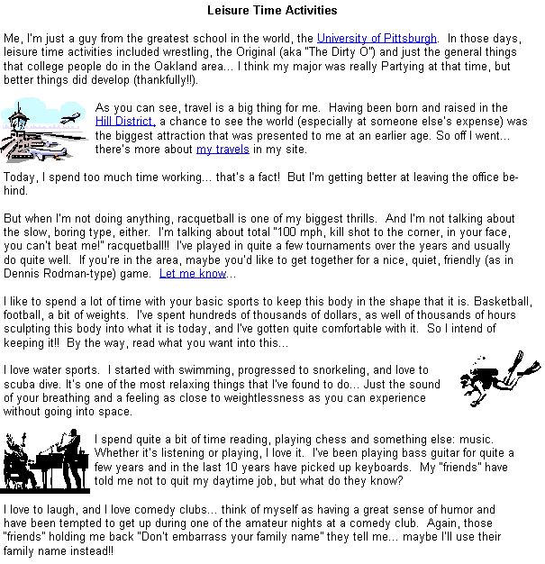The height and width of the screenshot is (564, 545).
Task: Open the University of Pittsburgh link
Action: pyautogui.click(x=377, y=38)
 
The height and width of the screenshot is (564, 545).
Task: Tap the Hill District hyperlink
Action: pyautogui.click(x=125, y=122)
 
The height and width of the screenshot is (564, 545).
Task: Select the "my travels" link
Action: pyautogui.click(x=223, y=150)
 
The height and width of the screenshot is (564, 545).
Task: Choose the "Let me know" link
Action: pyautogui.click(x=193, y=274)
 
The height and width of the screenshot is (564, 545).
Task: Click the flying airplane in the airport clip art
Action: pyautogui.click(x=70, y=118)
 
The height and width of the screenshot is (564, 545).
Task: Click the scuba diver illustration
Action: pyautogui.click(x=500, y=378)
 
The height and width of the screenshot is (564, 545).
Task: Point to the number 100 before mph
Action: pyautogui.click(x=287, y=232)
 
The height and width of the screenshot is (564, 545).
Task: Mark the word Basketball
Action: pyautogui.click(x=503, y=301)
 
